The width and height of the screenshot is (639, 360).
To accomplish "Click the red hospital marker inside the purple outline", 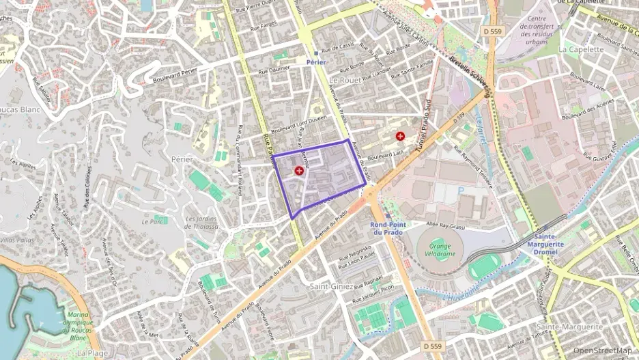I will point(299,170).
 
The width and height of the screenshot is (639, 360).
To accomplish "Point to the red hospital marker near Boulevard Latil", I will point(399,137).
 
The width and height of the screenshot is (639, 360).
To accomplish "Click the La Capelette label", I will point(581,49).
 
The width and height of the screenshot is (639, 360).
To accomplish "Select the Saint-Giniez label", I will point(332,286).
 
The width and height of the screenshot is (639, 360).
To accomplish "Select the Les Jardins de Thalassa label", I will point(202,223).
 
